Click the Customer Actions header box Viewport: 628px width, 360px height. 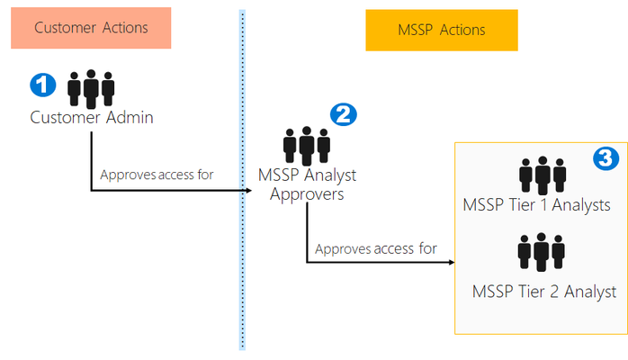(x=91, y=28)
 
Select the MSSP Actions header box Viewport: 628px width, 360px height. (x=442, y=31)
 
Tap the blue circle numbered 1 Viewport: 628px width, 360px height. (x=43, y=85)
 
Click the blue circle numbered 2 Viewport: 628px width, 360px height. (x=343, y=114)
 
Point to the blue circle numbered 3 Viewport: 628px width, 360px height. (x=606, y=158)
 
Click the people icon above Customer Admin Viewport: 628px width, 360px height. (x=91, y=89)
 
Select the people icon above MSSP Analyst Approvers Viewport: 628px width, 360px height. (x=307, y=146)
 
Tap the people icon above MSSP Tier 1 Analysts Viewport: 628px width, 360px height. (x=543, y=175)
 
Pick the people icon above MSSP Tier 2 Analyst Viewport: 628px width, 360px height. (x=541, y=252)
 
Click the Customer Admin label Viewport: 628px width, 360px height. (x=92, y=118)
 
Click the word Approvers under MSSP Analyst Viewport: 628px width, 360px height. (x=307, y=194)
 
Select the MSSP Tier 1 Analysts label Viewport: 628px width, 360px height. (x=537, y=205)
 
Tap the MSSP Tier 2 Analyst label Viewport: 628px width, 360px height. (x=544, y=292)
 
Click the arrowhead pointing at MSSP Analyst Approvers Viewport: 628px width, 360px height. (x=248, y=191)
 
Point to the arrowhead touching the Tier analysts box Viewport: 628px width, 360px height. (x=452, y=262)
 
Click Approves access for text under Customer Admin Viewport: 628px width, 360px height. (x=157, y=175)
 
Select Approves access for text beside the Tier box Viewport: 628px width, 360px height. (x=376, y=248)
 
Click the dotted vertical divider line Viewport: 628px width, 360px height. (x=242, y=180)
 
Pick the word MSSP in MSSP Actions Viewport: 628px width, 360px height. (x=416, y=30)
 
